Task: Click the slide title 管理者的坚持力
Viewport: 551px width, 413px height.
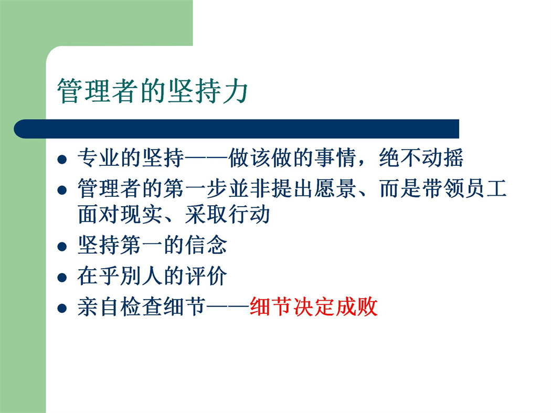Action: [x=153, y=91]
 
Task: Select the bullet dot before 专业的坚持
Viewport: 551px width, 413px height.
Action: [x=62, y=160]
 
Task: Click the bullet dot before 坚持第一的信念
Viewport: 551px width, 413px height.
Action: [x=62, y=247]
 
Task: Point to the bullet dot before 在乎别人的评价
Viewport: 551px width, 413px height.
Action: [x=62, y=278]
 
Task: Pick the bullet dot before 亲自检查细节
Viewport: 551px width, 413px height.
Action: [x=62, y=308]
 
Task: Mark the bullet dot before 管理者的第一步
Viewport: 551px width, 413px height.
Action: [x=62, y=190]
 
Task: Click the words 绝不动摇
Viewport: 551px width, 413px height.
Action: [x=421, y=157]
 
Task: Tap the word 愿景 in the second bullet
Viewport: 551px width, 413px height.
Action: [x=335, y=188]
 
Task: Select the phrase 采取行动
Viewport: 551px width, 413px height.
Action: [x=227, y=215]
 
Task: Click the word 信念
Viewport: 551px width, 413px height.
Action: [x=206, y=245]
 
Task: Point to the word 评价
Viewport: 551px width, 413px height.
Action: [x=206, y=276]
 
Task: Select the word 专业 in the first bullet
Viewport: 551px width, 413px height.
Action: [x=99, y=157]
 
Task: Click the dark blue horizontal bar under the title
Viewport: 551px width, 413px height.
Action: [x=237, y=129]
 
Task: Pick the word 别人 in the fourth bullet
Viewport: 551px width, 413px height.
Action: [x=142, y=276]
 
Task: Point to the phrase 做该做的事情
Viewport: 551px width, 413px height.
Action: [x=292, y=157]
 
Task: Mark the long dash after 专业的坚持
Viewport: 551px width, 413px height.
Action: [x=206, y=158]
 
